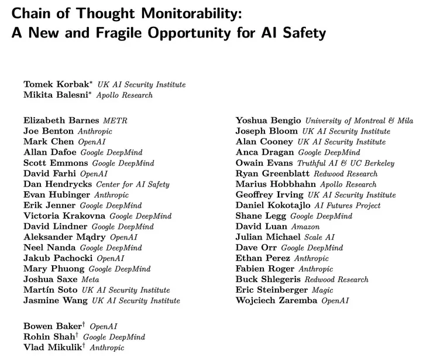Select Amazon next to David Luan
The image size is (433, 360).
(x=303, y=227)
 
